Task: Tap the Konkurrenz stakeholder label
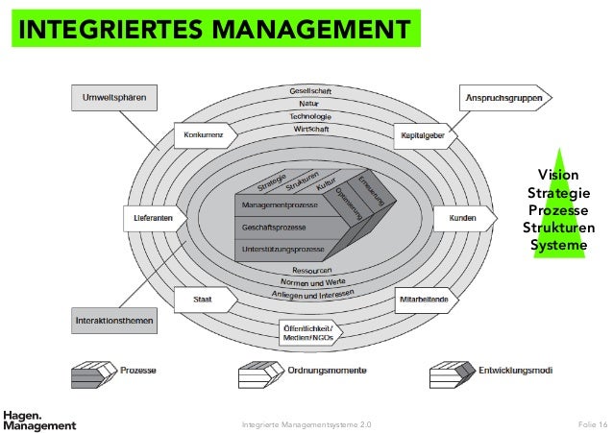[205, 136]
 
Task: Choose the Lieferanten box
[155, 219]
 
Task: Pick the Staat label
[204, 301]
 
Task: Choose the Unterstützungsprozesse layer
[287, 250]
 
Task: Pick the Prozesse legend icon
[92, 372]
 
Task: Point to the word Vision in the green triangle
[558, 175]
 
